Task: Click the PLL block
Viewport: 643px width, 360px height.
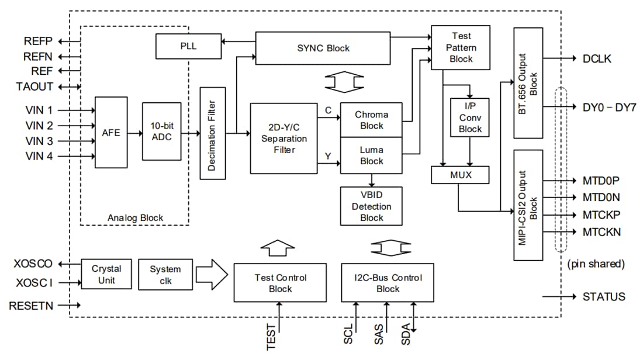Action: [188, 46]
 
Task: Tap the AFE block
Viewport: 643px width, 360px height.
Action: [111, 133]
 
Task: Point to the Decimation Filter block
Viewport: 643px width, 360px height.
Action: [212, 133]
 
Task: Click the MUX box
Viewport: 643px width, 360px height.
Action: [459, 174]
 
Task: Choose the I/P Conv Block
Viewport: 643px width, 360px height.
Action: [470, 117]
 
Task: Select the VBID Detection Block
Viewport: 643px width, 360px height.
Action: [371, 206]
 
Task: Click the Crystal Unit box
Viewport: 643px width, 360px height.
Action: [106, 274]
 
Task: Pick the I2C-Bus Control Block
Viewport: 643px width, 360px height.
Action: [388, 282]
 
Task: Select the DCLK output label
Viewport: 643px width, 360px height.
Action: [597, 58]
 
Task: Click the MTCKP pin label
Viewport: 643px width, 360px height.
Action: [601, 214]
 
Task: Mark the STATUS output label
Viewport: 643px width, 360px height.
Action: [603, 297]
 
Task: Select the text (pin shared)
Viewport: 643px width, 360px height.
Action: [596, 264]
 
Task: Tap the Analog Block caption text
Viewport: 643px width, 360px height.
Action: [136, 218]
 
